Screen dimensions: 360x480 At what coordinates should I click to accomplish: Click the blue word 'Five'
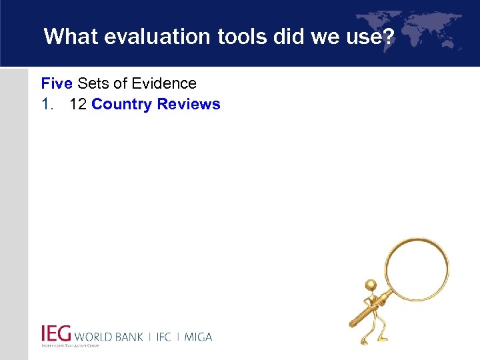click(x=57, y=84)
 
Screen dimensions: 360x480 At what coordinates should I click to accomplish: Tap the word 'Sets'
click(x=93, y=84)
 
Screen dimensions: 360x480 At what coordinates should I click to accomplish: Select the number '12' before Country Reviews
click(x=78, y=105)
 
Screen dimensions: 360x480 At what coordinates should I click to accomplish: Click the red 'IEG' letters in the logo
click(x=56, y=334)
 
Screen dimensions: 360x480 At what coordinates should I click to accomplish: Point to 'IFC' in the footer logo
click(x=163, y=337)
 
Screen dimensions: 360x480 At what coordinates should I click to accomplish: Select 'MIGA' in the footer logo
click(x=198, y=337)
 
